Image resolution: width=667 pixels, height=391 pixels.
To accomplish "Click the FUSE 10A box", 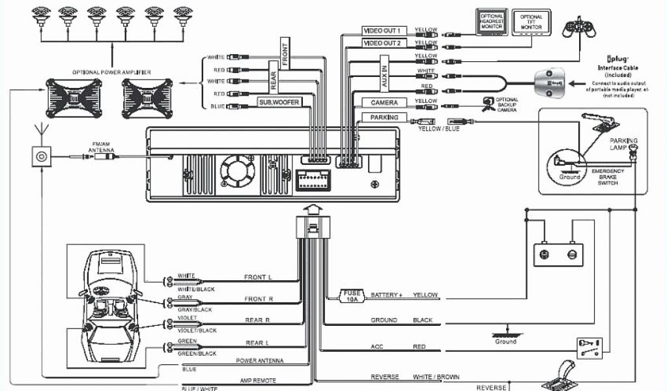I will click(x=352, y=296).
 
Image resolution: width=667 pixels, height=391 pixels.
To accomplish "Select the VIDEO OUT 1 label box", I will click(x=385, y=31).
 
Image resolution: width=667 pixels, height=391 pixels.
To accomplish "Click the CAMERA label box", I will click(x=384, y=103).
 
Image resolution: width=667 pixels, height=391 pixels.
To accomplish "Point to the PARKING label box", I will click(x=384, y=117).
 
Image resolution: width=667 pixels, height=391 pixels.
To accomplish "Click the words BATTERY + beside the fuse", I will click(x=386, y=295).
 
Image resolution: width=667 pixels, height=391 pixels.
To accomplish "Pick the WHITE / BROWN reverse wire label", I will click(x=436, y=377).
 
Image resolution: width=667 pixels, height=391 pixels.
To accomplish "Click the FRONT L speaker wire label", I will click(x=258, y=278).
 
